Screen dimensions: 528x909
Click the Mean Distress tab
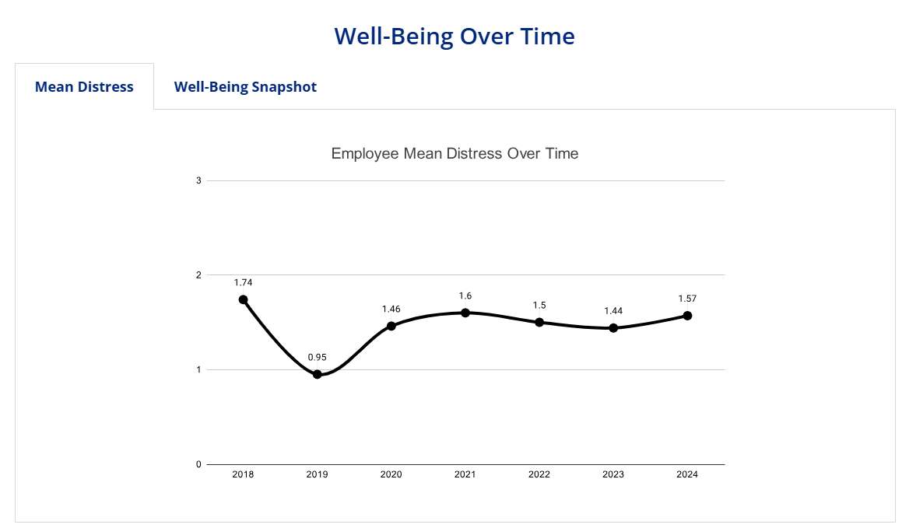point(84,86)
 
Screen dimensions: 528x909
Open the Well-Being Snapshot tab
point(245,86)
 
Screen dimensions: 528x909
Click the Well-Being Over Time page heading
point(454,36)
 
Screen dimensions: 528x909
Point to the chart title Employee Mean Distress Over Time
point(454,153)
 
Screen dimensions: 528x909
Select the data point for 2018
point(244,299)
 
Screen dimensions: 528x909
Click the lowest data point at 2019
point(318,374)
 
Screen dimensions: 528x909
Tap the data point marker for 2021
point(465,313)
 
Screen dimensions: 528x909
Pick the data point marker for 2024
point(687,316)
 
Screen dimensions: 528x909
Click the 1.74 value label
point(244,282)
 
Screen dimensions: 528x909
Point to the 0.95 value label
point(317,358)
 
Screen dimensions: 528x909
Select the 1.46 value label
point(391,309)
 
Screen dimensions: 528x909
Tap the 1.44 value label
point(613,311)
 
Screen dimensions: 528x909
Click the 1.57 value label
point(687,299)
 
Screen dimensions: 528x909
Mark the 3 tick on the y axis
point(198,180)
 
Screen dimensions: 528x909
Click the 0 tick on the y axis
point(198,464)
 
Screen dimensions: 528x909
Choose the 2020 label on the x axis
point(391,474)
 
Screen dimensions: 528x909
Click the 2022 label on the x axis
point(539,474)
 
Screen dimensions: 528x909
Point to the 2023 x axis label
point(613,474)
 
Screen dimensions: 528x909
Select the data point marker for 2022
point(539,322)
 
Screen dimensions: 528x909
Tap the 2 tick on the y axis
point(198,275)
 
